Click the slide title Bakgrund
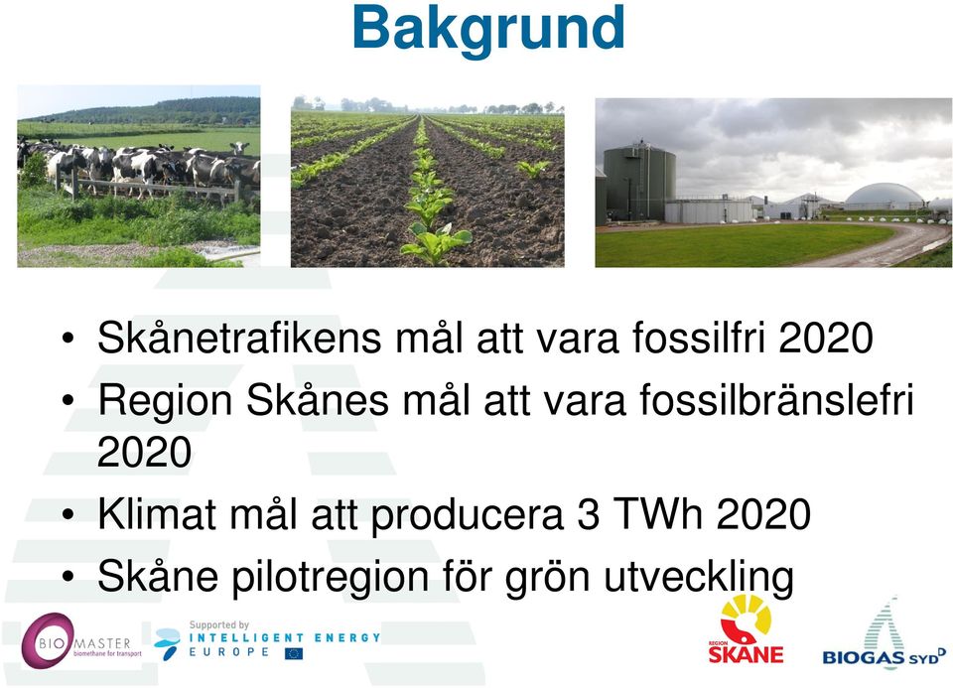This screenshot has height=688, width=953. click(488, 29)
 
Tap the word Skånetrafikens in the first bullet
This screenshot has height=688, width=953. click(239, 338)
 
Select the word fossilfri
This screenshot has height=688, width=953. click(698, 337)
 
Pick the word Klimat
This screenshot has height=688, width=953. click(156, 513)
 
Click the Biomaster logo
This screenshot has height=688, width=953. click(81, 641)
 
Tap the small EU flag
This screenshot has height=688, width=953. click(294, 653)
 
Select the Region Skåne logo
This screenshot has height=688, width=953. click(746, 629)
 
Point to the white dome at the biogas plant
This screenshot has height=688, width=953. click(885, 195)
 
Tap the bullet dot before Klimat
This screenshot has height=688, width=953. click(68, 515)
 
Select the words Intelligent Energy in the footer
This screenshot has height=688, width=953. click(285, 637)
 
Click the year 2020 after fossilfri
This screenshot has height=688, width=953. click(826, 338)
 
